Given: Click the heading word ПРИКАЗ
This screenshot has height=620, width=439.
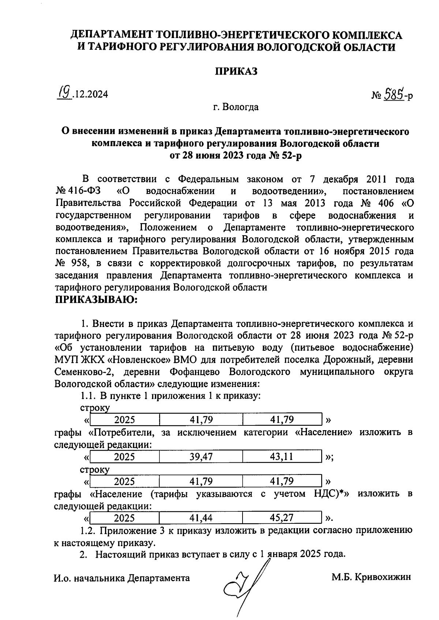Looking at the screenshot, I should point(236,71).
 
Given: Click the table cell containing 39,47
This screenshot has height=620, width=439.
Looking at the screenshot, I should point(201,456).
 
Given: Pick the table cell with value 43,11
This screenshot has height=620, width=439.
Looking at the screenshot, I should point(282,456).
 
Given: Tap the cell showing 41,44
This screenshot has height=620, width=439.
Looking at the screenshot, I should point(201,518).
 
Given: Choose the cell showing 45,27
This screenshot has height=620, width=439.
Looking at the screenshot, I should point(282,518).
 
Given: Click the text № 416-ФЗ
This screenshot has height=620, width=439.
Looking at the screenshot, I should point(79,191).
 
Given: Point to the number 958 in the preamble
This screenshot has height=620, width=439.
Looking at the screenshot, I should point(79,263).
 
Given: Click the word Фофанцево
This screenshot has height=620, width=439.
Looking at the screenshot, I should point(195,372).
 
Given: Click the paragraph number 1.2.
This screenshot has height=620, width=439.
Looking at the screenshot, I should point(87,530).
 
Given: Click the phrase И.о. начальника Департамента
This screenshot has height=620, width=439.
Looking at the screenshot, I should point(122,578).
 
